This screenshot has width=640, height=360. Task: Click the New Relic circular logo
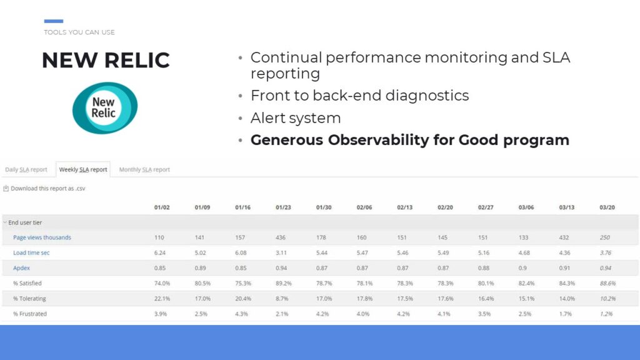click(x=105, y=108)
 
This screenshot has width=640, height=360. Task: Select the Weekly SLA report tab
click(x=83, y=169)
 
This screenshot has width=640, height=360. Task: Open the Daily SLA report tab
click(x=26, y=169)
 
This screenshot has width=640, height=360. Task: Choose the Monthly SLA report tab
click(x=144, y=169)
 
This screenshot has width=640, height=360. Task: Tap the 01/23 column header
click(x=283, y=207)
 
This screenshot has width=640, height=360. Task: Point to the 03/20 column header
click(x=607, y=207)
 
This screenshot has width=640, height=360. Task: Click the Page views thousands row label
click(x=42, y=237)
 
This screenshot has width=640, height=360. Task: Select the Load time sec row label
click(x=31, y=252)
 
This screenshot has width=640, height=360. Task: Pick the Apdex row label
click(x=21, y=267)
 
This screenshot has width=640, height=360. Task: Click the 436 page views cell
click(x=281, y=237)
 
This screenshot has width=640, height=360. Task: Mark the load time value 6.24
click(x=160, y=252)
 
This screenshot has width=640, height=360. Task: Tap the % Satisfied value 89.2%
click(x=284, y=283)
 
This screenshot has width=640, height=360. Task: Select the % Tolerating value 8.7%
click(x=282, y=298)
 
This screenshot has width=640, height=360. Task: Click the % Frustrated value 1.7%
click(x=565, y=314)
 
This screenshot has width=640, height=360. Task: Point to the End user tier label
click(x=25, y=222)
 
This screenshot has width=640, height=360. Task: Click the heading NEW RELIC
click(x=106, y=61)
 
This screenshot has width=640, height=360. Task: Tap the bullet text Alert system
click(x=296, y=118)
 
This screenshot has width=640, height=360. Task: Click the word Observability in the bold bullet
click(x=378, y=140)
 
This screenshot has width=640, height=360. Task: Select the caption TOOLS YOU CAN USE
click(x=79, y=32)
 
